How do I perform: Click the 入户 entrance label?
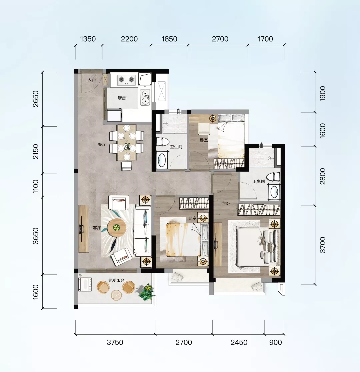92,80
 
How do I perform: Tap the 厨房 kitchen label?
122,98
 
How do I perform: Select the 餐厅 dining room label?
102,144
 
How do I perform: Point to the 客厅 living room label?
97,228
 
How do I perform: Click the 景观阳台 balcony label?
116,280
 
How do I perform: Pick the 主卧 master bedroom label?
226,204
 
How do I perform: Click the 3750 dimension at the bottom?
115,342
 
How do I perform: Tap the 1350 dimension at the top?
88,39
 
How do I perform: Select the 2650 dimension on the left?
36,99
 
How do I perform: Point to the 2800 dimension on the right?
323,176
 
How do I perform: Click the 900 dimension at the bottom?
276,342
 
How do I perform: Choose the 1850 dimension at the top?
169,39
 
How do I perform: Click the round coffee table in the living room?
117,228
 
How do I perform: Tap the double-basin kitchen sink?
145,97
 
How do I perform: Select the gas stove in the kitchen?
126,80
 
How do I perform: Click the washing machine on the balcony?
85,284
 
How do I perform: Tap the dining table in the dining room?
126,143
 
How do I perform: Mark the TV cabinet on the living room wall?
84,229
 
